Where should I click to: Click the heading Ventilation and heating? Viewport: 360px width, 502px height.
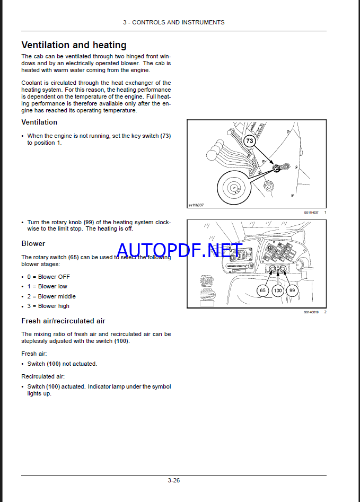tap(74, 45)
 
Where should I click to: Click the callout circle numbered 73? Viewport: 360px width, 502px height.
tap(250, 141)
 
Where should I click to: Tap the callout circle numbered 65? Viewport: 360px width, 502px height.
tap(263, 290)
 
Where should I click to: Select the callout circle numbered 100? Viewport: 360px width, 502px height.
tap(277, 290)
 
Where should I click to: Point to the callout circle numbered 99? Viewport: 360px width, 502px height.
tap(292, 290)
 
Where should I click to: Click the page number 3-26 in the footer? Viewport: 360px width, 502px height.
tap(173, 481)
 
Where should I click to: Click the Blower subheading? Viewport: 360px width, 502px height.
tap(33, 244)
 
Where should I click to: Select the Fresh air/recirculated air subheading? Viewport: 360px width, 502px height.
tap(63, 321)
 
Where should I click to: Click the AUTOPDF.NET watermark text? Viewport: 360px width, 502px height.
tap(180, 250)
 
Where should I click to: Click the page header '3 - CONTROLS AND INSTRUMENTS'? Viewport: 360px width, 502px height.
tap(173, 22)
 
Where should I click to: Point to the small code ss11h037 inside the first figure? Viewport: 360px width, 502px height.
tap(196, 205)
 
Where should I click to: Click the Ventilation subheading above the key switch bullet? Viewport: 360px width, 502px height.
tap(39, 122)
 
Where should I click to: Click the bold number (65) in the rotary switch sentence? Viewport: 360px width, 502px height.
tap(73, 257)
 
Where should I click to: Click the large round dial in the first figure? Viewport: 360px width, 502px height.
tap(234, 187)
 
